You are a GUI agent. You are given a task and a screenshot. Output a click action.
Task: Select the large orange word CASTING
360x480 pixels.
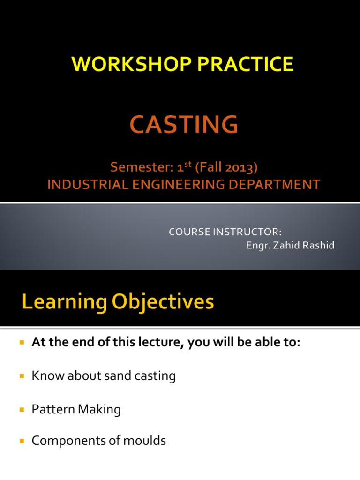(x=184, y=125)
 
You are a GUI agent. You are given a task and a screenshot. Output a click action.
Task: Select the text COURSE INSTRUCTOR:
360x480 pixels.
(x=225, y=232)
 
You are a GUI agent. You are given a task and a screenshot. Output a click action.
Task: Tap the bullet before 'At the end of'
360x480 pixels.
(x=21, y=343)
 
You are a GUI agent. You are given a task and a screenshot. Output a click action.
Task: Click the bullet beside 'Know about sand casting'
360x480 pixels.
(x=21, y=376)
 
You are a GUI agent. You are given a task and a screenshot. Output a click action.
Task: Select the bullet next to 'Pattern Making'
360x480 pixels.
(x=21, y=410)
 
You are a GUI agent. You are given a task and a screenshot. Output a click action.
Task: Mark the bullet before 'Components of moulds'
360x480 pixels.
(x=21, y=441)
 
